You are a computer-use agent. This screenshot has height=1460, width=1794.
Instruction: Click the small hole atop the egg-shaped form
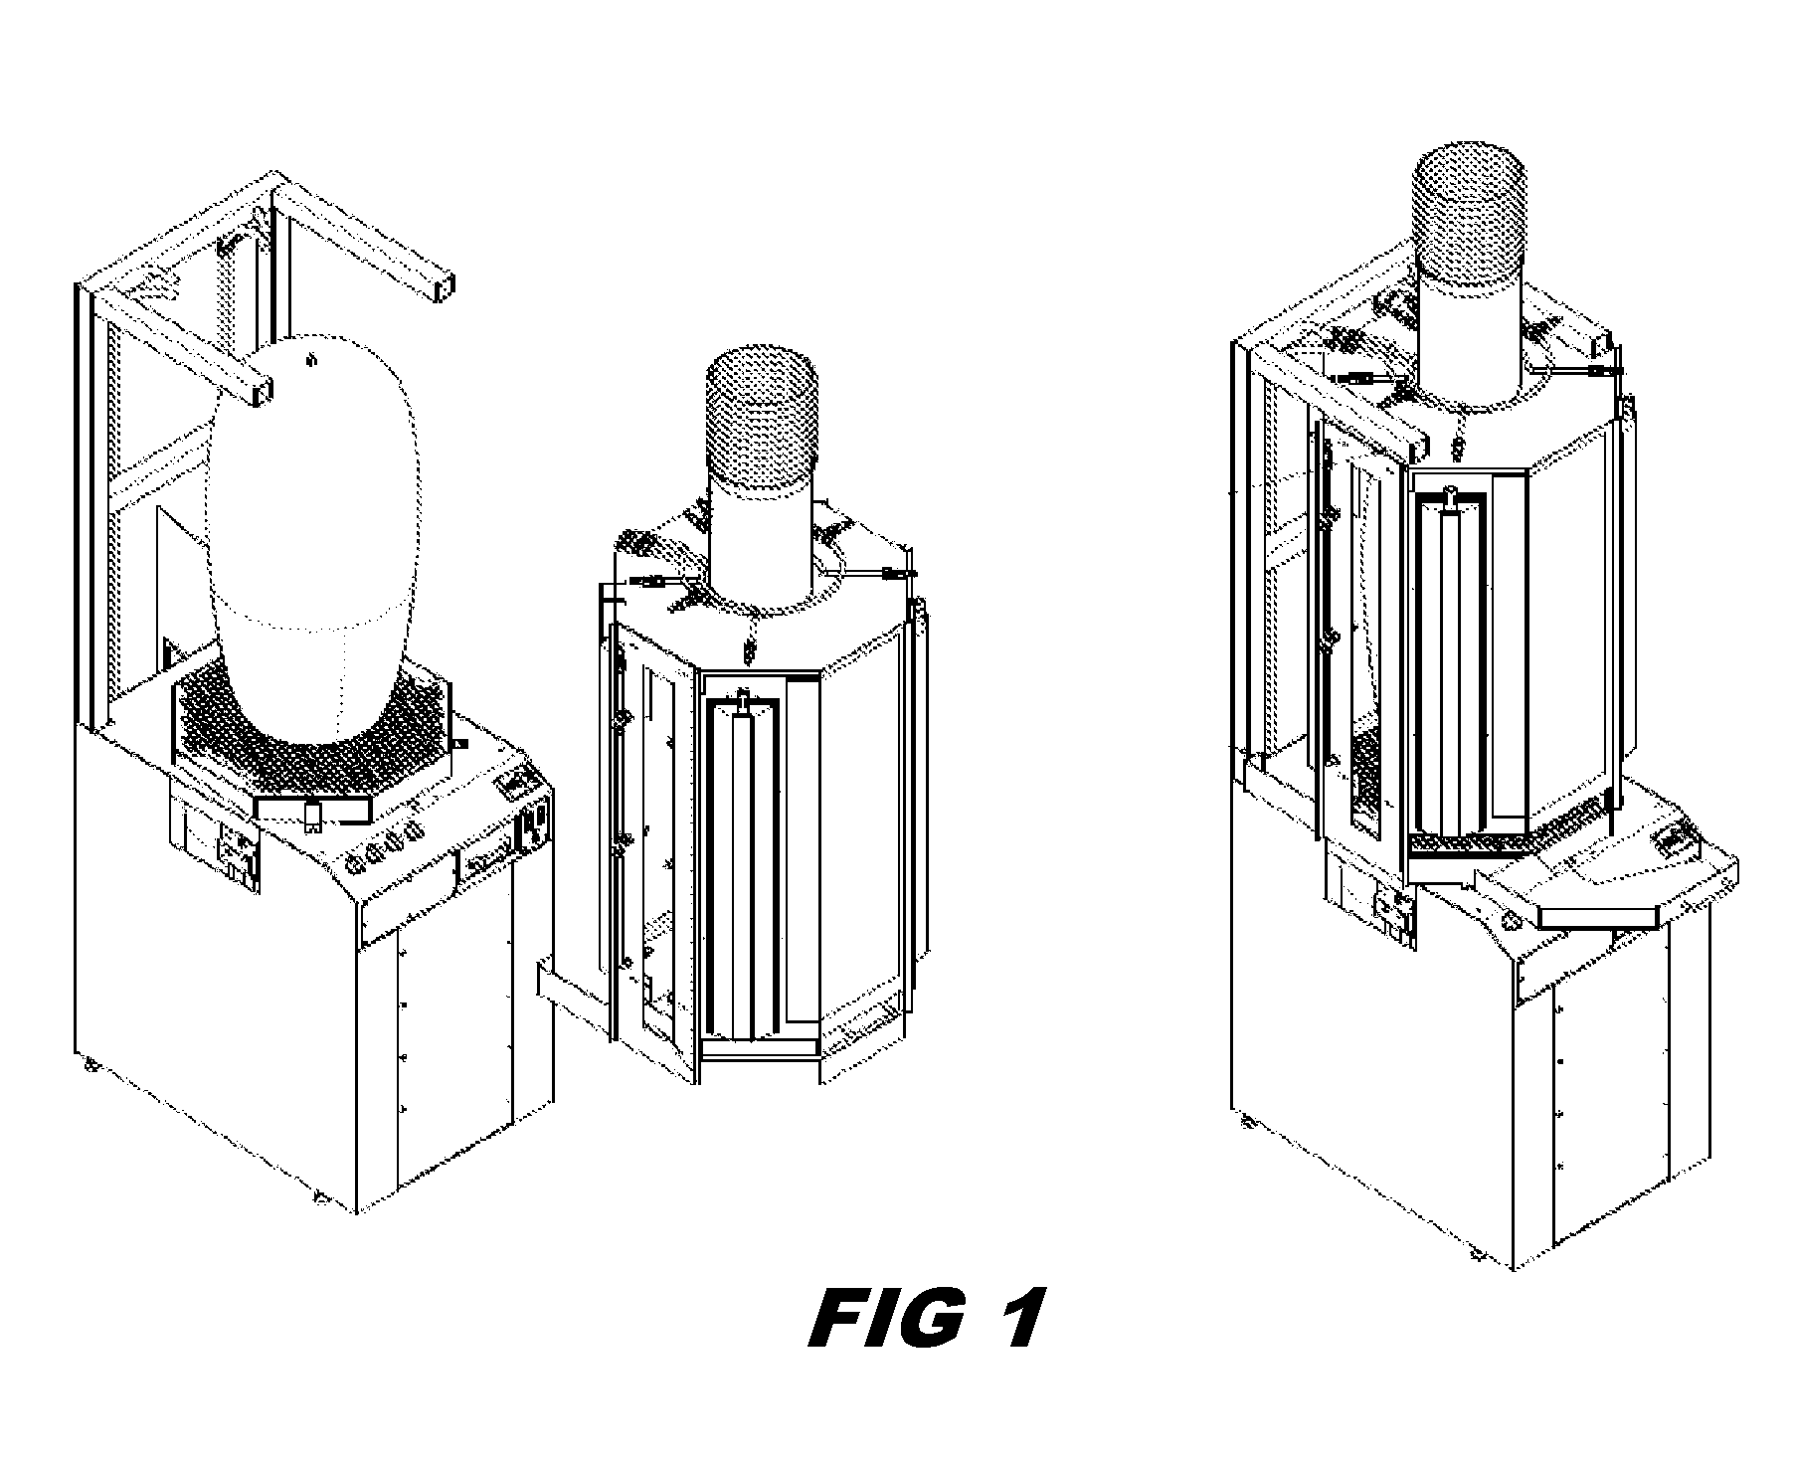click(310, 359)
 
